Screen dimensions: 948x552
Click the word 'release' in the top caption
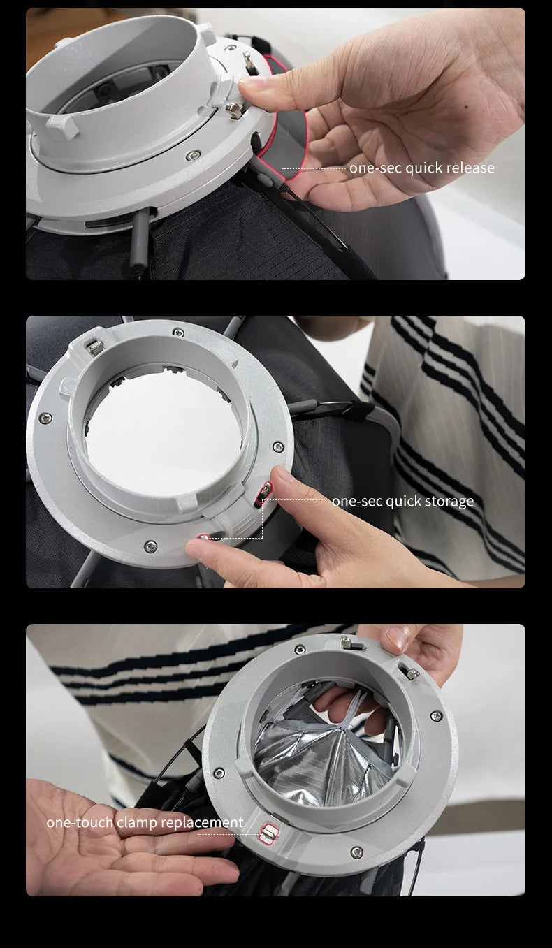[x=470, y=168]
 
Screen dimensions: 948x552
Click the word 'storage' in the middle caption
[x=447, y=501]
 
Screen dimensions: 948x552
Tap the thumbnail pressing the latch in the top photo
[x=254, y=82]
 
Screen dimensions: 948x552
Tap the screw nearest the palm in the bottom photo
[x=219, y=773]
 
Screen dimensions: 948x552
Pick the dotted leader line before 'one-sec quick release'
[x=314, y=168]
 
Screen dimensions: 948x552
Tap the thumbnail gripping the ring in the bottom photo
[x=398, y=638]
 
